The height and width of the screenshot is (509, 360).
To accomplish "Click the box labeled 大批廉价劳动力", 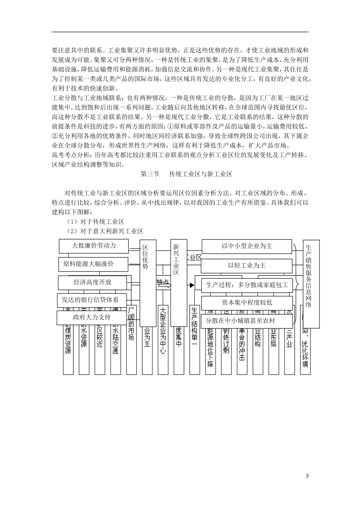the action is point(94,246).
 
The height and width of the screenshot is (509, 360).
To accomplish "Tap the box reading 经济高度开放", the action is point(92,282).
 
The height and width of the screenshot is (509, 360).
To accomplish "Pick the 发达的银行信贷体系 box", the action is point(90,300).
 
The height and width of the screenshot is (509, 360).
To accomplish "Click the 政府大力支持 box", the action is point(91,317).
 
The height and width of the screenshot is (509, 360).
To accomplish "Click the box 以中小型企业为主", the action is point(247,246).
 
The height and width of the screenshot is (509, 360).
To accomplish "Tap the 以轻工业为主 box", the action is point(247,265).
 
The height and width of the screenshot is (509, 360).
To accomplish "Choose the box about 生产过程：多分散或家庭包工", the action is point(247,285).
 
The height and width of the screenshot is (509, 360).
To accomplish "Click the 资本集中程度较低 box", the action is point(247,303).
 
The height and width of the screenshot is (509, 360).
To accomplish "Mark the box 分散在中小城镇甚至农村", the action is point(247,321).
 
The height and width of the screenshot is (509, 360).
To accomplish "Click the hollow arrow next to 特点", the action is point(164,286).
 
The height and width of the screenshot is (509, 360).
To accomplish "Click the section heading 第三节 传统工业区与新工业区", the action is point(186,174).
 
